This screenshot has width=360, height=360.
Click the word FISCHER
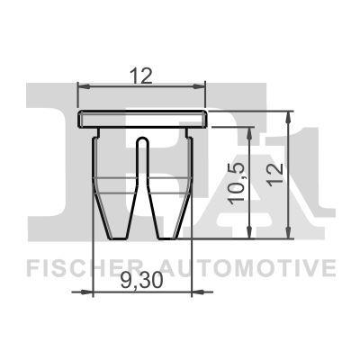point(83,267)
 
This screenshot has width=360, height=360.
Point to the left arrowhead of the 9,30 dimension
point(97,291)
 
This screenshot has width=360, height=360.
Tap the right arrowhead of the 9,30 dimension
point(191,291)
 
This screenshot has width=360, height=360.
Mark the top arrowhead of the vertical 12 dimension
point(290,115)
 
